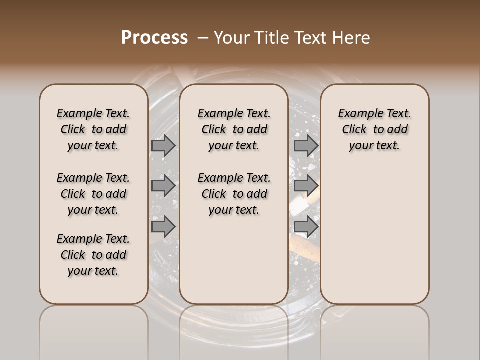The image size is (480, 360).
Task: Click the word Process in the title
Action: [154, 38]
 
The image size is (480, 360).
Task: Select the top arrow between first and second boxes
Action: [163, 145]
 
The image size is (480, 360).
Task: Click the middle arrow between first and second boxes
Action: [163, 186]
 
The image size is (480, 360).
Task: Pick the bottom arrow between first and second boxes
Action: [163, 226]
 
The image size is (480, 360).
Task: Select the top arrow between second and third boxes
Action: [306, 145]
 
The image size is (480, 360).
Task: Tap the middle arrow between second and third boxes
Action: [306, 186]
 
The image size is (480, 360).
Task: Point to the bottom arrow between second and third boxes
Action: [306, 226]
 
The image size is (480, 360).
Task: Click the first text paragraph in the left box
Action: [93, 129]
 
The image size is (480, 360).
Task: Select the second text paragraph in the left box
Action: [93, 194]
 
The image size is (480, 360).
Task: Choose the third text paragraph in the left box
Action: [93, 255]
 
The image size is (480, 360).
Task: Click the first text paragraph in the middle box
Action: [234, 129]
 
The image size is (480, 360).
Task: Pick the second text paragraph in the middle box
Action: [234, 194]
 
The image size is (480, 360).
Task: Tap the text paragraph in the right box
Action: [374, 129]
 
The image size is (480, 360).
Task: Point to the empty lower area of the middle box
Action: [234, 260]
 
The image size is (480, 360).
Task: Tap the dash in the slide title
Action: [203, 38]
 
